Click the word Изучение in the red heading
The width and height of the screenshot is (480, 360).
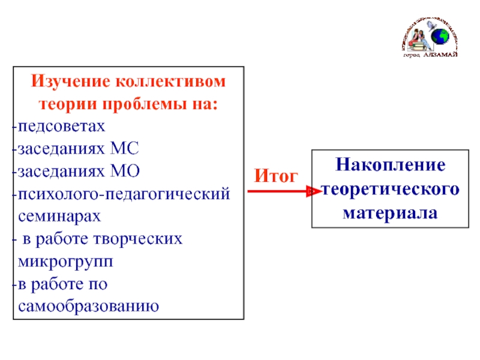(x=71, y=81)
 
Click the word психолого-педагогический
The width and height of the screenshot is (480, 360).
(x=124, y=194)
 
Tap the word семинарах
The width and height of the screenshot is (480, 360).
(x=59, y=216)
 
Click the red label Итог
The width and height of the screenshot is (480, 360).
(x=276, y=176)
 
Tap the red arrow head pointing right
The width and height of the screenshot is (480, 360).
(x=312, y=191)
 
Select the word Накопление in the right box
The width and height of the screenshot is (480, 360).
(x=390, y=165)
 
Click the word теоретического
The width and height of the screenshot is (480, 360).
(x=391, y=189)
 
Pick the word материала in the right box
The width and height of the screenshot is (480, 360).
(x=390, y=212)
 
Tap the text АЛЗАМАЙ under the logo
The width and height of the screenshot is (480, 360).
(x=440, y=55)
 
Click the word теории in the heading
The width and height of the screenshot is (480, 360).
(x=63, y=103)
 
